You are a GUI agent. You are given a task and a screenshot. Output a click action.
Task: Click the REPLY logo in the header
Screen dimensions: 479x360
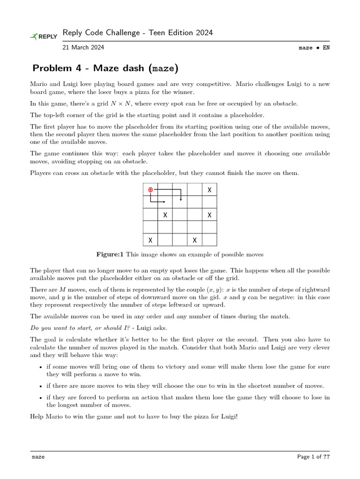pos(44,36)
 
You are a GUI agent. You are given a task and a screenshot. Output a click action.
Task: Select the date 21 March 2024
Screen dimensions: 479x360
pos(83,47)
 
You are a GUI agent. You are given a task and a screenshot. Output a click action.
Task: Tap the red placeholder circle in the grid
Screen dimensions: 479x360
pos(150,189)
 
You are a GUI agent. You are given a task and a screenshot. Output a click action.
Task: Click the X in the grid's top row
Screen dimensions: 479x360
pos(210,190)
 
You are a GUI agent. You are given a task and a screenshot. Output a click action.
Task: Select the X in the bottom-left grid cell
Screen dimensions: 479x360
pos(150,240)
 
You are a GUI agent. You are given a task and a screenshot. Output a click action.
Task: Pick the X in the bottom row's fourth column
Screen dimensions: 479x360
pos(195,240)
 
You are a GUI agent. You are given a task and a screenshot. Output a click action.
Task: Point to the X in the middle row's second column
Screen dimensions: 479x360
pos(165,215)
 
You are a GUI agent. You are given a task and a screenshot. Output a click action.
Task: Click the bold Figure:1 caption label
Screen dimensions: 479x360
pos(110,254)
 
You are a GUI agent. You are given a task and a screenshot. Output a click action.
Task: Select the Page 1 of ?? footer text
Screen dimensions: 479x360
pos(314,457)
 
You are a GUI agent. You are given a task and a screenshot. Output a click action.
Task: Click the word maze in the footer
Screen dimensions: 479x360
pos(38,457)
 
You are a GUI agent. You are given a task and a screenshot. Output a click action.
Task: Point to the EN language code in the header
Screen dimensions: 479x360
pos(326,48)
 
